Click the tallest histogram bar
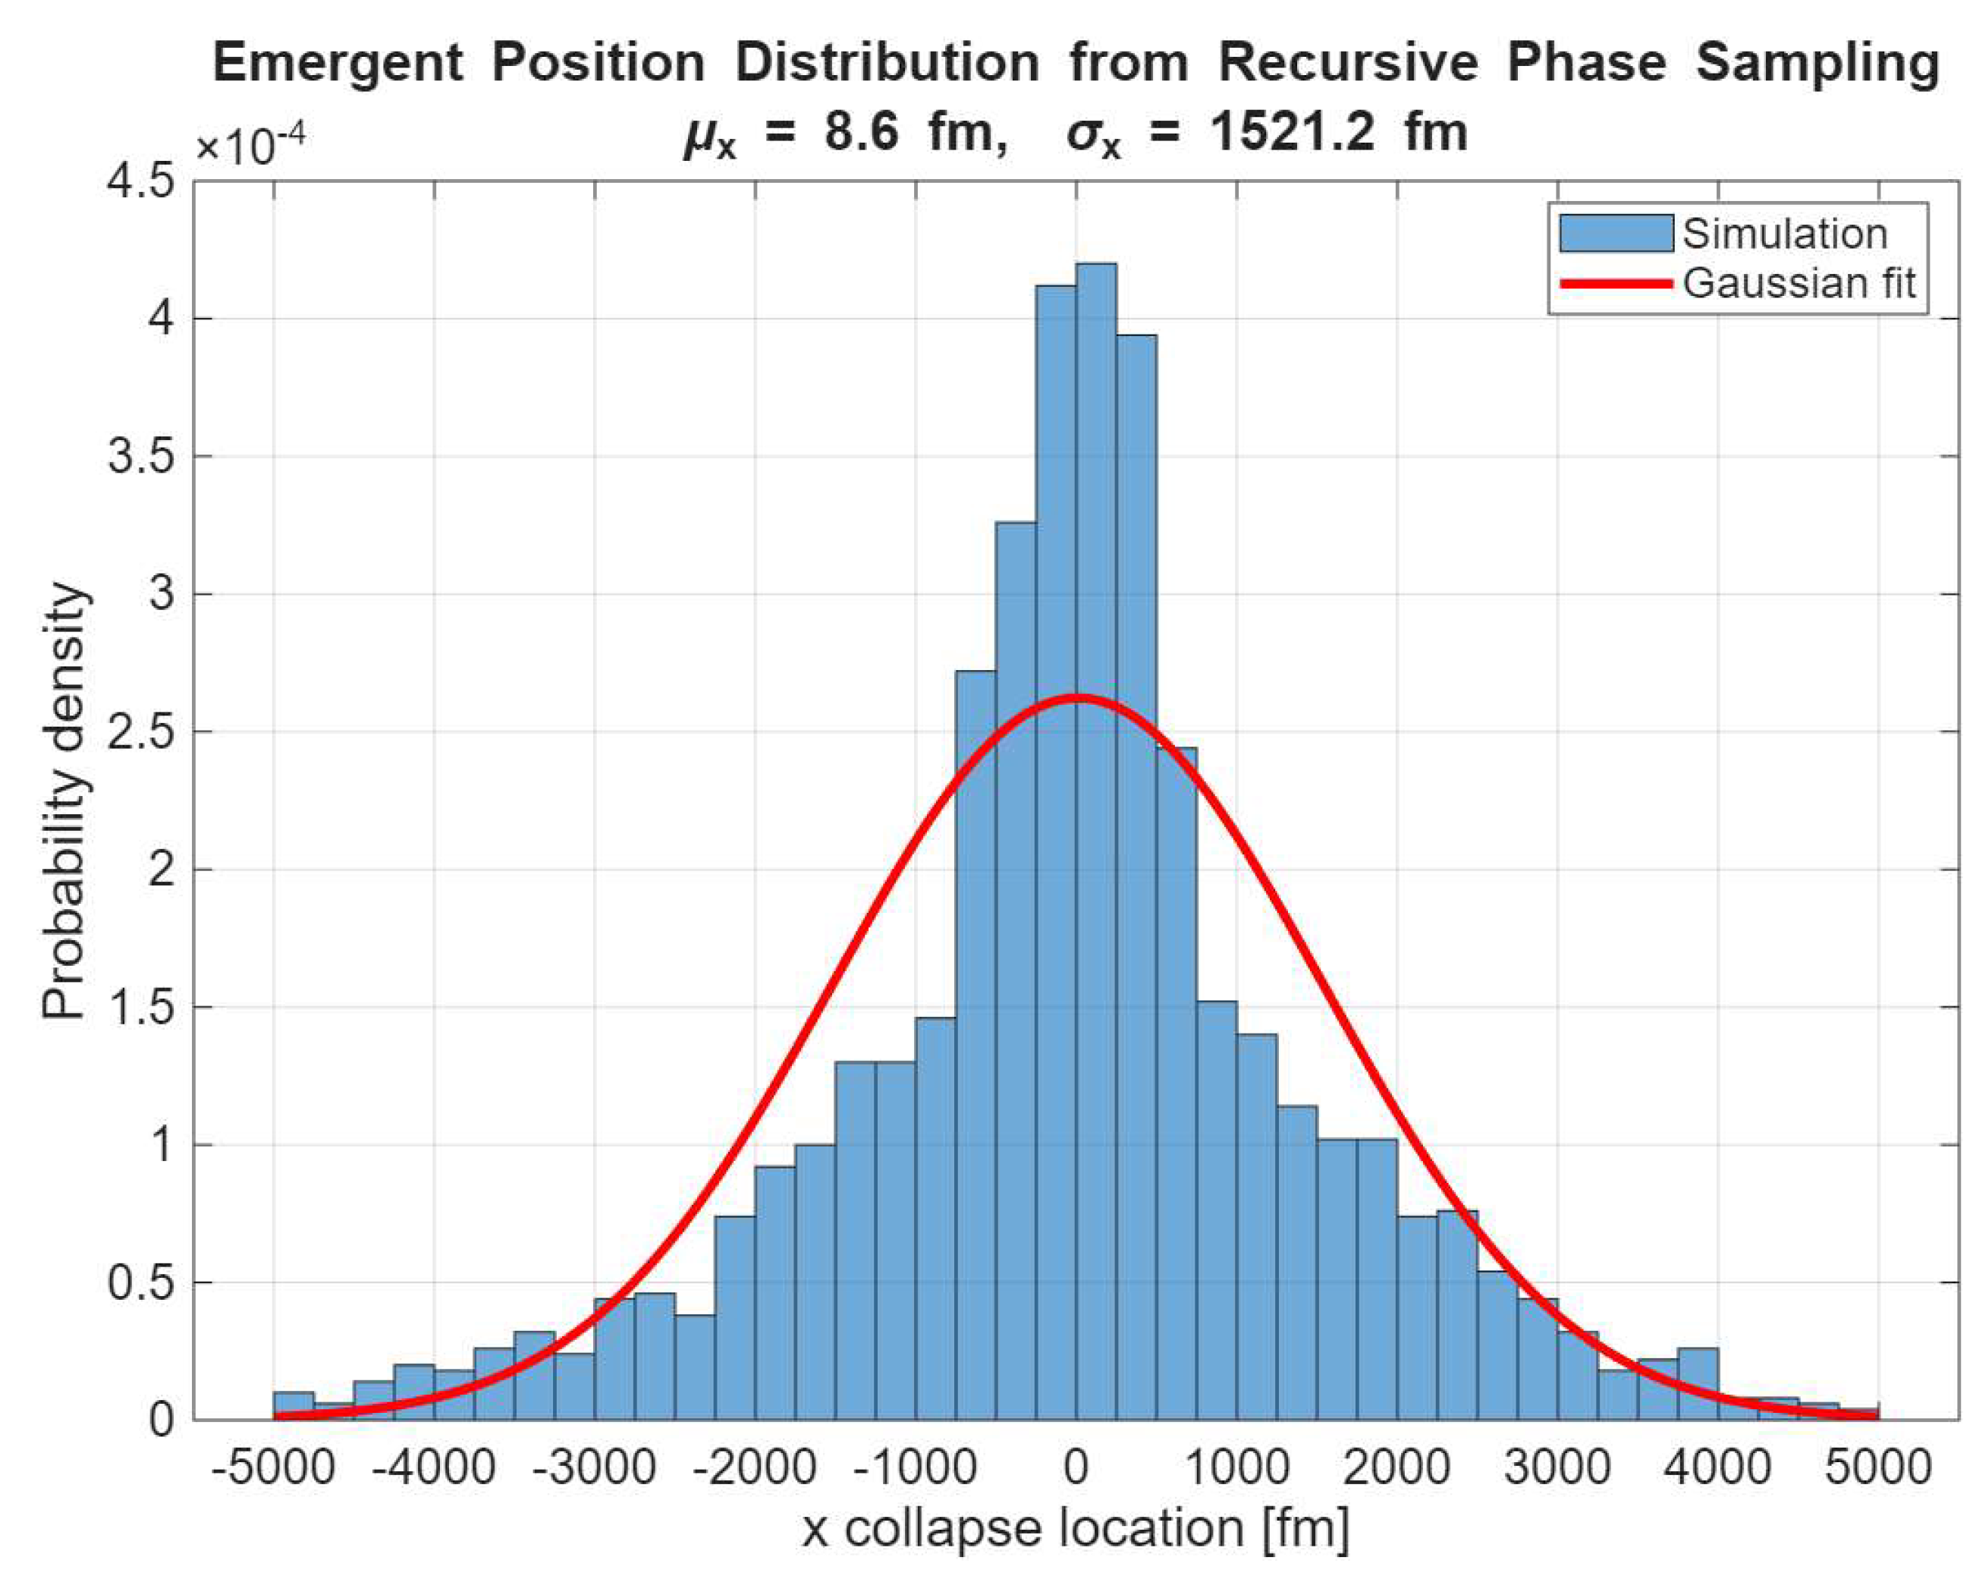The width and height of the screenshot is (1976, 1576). [x=1096, y=841]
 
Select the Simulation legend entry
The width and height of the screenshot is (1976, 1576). [x=1724, y=234]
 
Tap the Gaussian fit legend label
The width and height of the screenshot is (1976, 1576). [x=1799, y=283]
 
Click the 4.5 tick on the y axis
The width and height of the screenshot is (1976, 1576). [x=141, y=181]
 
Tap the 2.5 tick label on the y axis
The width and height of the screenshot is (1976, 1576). [x=141, y=731]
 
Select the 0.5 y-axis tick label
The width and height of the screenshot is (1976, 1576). [x=141, y=1282]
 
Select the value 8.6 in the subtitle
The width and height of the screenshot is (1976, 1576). [x=861, y=133]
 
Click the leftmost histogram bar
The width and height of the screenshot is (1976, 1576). [x=294, y=1406]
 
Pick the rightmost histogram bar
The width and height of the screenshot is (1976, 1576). [x=1858, y=1414]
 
